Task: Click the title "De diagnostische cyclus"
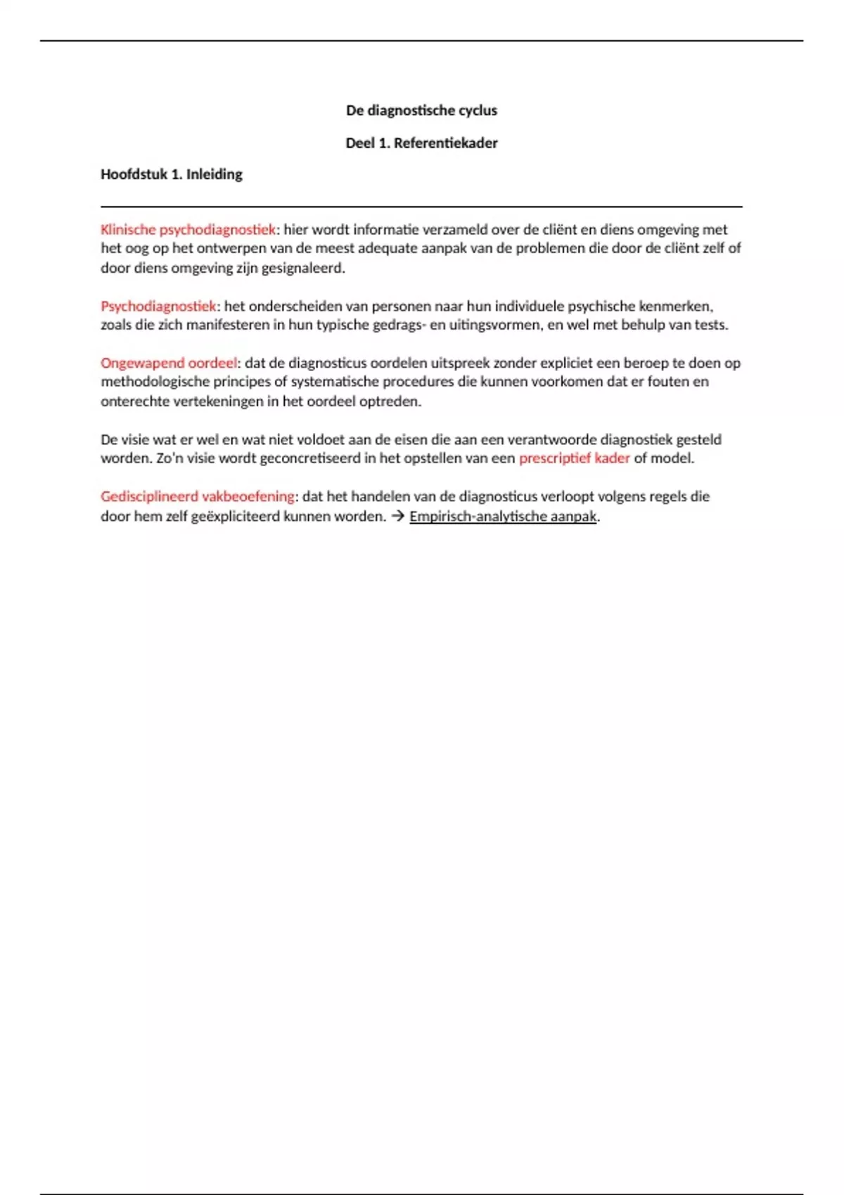coord(421,110)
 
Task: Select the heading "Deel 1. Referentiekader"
coord(421,143)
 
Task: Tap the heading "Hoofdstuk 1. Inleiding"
coord(171,174)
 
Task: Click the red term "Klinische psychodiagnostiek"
coord(188,230)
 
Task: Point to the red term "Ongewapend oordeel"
coord(169,363)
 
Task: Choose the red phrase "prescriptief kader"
coord(574,458)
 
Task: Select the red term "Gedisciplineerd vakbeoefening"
coord(198,496)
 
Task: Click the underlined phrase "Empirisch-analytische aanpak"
coord(503,517)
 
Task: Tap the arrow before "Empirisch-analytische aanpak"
coord(398,517)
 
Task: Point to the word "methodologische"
coord(149,382)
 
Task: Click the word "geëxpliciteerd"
coord(240,517)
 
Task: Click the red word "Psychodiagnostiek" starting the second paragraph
coord(158,306)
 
